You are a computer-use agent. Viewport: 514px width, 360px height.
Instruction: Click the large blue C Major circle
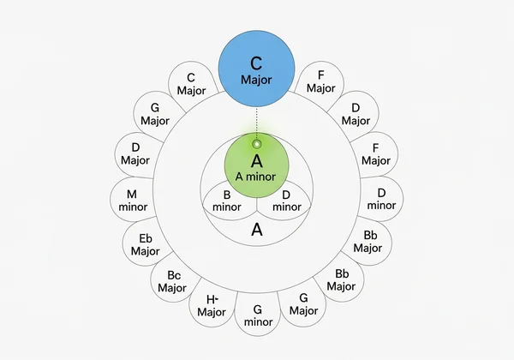[x=256, y=70]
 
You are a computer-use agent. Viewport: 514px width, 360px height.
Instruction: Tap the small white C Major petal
[x=190, y=83]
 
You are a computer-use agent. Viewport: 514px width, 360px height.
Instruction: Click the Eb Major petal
[x=146, y=243]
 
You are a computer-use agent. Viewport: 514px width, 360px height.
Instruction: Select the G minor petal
[x=258, y=315]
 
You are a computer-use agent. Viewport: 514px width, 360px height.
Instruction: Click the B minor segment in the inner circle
[x=226, y=201]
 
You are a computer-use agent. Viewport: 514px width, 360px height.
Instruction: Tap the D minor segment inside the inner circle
[x=286, y=201]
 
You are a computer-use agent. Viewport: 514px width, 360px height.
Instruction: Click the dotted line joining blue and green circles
[x=256, y=123]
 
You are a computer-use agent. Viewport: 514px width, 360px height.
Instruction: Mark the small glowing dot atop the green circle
[x=256, y=143]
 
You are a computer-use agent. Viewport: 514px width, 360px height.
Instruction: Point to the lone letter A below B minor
[x=256, y=230]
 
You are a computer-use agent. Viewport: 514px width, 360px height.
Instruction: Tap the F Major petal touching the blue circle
[x=320, y=81]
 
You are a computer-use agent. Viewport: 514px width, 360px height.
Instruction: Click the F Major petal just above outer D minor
[x=375, y=154]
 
